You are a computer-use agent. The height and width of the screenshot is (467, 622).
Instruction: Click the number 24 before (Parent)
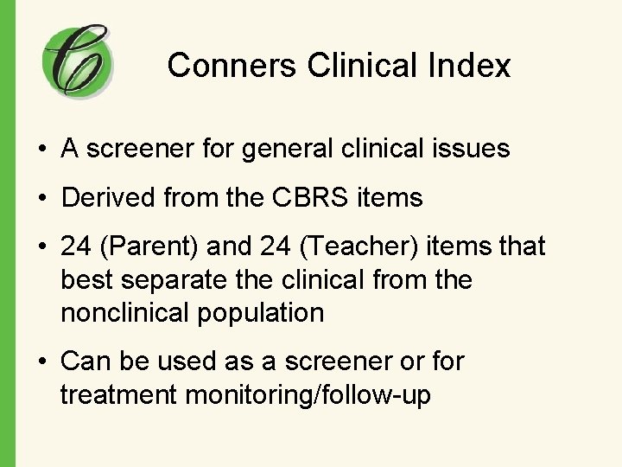(x=76, y=247)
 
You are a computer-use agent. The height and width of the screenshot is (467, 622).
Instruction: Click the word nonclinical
(x=125, y=312)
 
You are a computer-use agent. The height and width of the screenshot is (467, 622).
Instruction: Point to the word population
(x=261, y=312)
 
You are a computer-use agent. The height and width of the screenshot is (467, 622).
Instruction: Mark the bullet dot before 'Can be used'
(x=41, y=361)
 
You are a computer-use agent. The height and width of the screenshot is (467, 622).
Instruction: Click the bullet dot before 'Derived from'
(x=41, y=199)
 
